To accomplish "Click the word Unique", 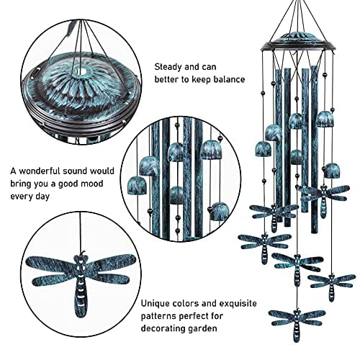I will (x=157, y=304).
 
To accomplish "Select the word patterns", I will (x=162, y=316).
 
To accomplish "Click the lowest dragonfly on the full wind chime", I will (x=295, y=317).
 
